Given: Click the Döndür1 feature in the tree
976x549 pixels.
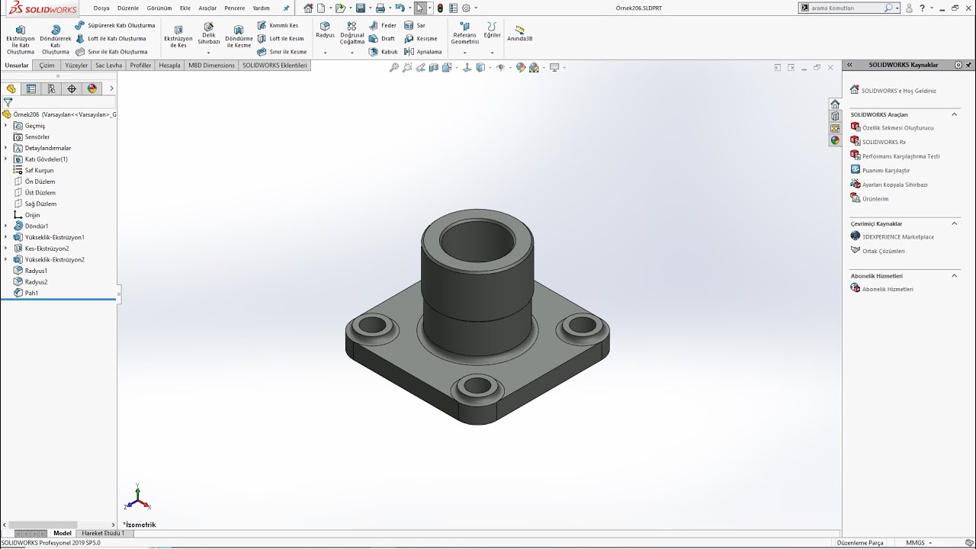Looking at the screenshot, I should click(x=36, y=226).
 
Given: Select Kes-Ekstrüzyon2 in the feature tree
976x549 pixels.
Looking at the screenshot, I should click(x=47, y=249).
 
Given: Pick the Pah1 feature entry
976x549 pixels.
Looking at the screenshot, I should click(x=31, y=293).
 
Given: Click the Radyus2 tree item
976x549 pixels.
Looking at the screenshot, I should click(x=36, y=282).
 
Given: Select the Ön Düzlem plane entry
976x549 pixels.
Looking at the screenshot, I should click(x=40, y=181).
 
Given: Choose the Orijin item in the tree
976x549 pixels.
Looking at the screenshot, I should click(x=32, y=215).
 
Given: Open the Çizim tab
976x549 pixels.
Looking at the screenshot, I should click(x=47, y=66).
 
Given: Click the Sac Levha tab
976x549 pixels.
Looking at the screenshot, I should click(x=108, y=66).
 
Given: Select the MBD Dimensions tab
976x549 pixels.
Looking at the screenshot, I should click(x=211, y=66).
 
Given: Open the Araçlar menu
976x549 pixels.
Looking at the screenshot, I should click(x=207, y=8).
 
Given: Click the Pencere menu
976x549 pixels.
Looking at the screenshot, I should click(x=234, y=8).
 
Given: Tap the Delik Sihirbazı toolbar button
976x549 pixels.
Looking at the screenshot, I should click(x=208, y=34).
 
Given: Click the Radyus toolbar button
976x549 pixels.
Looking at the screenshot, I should click(x=325, y=30).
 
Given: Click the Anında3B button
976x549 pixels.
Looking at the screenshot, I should click(x=519, y=34).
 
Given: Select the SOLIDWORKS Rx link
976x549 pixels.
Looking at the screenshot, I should click(x=883, y=142).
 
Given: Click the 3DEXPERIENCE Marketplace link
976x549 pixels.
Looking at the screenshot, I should click(x=897, y=237).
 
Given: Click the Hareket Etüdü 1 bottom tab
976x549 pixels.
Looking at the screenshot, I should click(x=103, y=533).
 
